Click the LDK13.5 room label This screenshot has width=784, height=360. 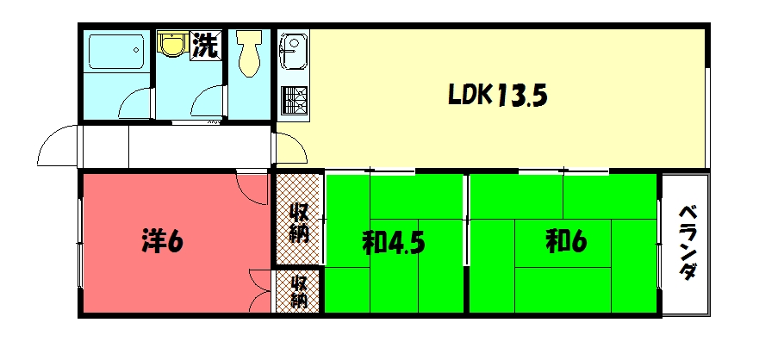click(x=498, y=95)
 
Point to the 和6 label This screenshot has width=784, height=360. click(x=565, y=243)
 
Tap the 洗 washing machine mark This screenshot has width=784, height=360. click(x=205, y=45)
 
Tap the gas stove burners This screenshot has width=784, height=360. click(x=293, y=101)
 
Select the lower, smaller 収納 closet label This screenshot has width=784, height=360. click(x=298, y=292)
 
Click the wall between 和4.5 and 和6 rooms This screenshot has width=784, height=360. click(x=466, y=244)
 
